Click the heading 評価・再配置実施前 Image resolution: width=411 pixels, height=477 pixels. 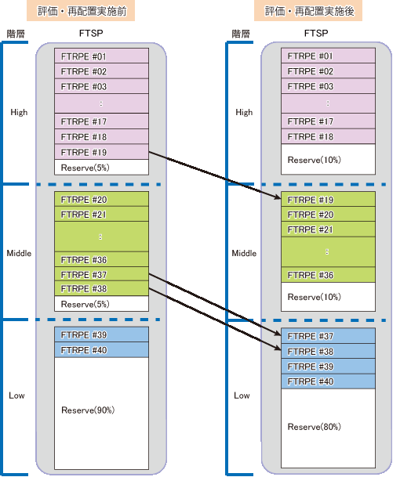click(81, 11)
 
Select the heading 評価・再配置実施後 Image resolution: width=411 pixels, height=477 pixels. click(308, 11)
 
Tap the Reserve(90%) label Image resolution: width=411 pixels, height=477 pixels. click(88, 410)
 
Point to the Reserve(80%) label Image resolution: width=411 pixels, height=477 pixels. click(314, 427)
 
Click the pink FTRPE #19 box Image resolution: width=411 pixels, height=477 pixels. click(101, 152)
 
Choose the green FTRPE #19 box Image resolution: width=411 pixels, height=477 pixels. click(328, 199)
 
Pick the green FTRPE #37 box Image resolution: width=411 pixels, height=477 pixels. click(101, 274)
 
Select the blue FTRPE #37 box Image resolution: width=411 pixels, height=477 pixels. click(328, 336)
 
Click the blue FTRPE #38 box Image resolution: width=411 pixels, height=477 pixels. click(328, 352)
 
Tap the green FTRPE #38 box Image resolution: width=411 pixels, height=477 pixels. click(101, 288)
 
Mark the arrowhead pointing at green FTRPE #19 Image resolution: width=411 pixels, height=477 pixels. click(277, 197)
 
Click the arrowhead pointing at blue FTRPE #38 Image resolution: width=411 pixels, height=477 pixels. click(277, 348)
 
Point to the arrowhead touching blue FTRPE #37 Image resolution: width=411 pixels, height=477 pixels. click(277, 334)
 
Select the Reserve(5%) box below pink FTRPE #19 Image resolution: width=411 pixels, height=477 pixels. click(101, 167)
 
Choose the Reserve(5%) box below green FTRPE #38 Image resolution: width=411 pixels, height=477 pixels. click(101, 304)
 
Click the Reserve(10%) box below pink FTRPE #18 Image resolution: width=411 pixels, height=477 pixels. click(328, 159)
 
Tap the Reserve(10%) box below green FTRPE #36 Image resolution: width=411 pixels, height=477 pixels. click(328, 297)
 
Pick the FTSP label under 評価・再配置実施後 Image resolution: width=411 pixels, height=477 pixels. click(316, 33)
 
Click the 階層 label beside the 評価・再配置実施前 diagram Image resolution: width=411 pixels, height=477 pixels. click(16, 34)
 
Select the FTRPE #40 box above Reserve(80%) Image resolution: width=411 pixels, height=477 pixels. click(328, 381)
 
